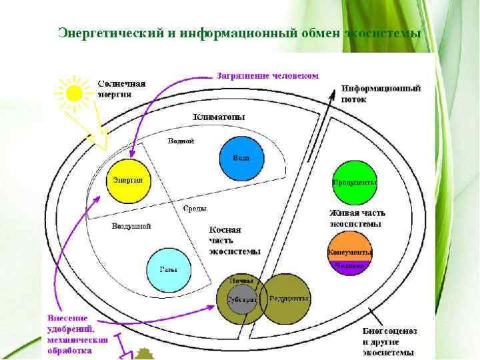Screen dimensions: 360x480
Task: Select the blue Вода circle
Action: click(x=241, y=158)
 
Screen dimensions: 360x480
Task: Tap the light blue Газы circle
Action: click(x=168, y=270)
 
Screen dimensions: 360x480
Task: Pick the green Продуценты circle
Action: click(x=354, y=182)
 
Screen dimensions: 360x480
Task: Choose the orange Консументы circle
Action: click(x=350, y=251)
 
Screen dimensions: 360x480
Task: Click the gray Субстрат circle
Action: click(x=241, y=299)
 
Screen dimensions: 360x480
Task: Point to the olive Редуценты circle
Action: click(x=288, y=298)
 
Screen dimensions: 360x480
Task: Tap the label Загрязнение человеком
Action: click(x=267, y=75)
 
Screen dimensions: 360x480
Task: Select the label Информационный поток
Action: click(x=381, y=93)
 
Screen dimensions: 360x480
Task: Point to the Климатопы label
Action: click(x=219, y=117)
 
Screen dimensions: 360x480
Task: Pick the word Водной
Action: click(x=181, y=141)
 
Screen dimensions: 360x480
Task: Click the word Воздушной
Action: click(x=131, y=226)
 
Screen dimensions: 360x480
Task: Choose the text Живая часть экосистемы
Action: click(x=357, y=218)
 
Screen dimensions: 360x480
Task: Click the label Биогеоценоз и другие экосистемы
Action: click(x=389, y=341)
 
